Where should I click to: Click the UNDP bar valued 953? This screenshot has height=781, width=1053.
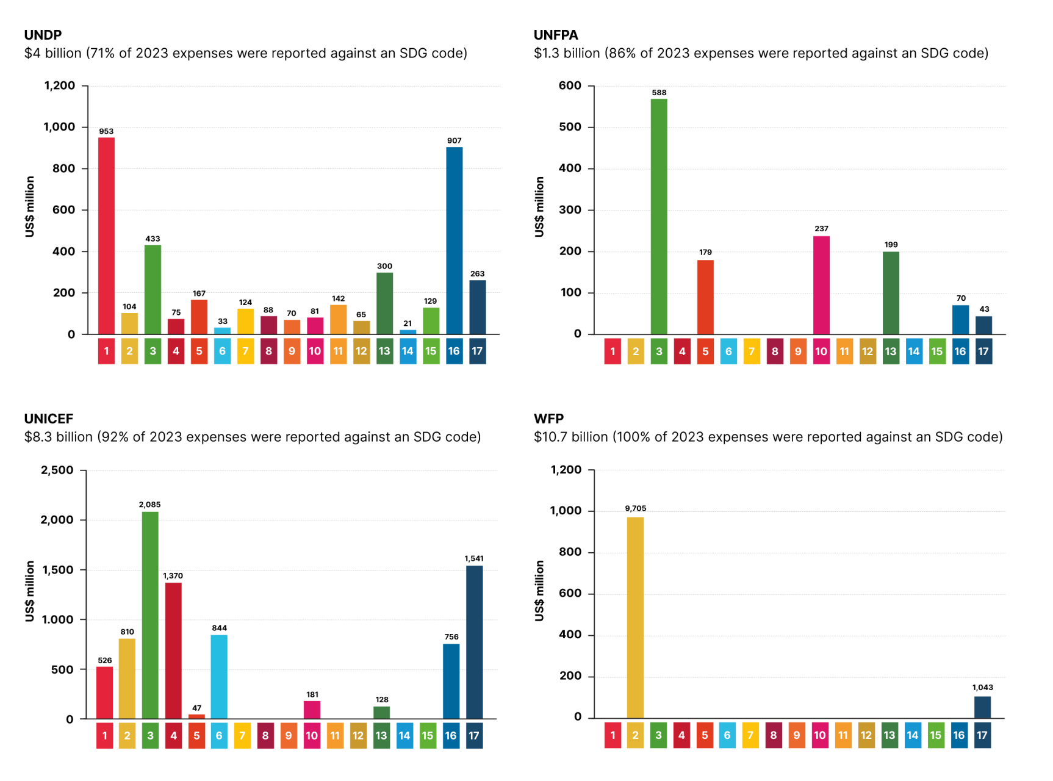point(106,236)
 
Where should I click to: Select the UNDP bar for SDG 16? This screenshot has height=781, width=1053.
point(454,240)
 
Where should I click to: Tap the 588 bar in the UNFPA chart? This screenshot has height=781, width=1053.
point(659,216)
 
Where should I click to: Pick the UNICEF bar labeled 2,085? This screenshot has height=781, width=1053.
point(150,615)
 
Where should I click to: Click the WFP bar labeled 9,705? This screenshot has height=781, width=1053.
point(635,617)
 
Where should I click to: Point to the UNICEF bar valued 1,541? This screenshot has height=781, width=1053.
point(474,642)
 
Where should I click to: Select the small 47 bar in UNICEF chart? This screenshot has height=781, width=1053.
point(196,716)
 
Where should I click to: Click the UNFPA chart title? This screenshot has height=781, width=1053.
point(556,35)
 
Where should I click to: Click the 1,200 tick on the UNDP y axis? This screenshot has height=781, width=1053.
point(60,85)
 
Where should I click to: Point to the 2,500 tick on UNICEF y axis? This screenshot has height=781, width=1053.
point(57,470)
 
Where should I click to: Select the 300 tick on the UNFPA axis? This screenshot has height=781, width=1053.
point(570,210)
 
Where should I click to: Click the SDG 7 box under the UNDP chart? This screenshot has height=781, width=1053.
point(245,351)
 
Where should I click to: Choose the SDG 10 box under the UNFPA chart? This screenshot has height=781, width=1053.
point(821,351)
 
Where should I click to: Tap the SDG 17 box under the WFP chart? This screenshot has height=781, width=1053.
point(982,735)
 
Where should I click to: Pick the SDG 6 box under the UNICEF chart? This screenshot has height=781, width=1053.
point(219,736)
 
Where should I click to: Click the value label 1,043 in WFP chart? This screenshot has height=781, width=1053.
point(982,688)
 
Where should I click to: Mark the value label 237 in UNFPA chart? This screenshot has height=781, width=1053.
point(821,229)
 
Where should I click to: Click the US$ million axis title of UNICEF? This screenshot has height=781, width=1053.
point(30,591)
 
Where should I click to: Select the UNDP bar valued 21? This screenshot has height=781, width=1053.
point(408,332)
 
